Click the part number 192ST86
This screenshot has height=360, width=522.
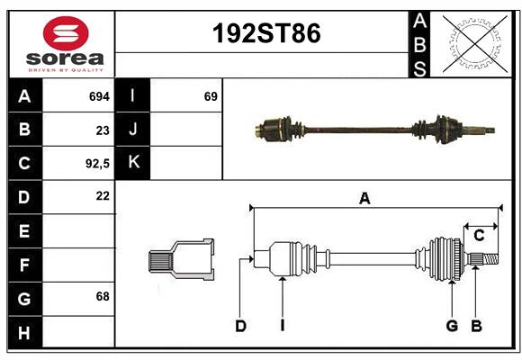265,34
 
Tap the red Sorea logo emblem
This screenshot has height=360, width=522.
65,34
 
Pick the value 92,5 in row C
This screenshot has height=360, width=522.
96,164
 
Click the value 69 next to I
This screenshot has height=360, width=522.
211,95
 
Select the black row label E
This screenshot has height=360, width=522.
24,231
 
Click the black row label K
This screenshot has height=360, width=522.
133,163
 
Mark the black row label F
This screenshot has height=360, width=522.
24,265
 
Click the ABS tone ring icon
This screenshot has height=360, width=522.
474,42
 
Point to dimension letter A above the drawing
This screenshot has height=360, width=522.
364,199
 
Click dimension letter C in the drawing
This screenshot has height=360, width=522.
479,236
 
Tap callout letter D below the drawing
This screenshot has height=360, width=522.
240,326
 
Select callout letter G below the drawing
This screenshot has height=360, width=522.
452,326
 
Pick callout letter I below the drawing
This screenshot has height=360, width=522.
282,326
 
